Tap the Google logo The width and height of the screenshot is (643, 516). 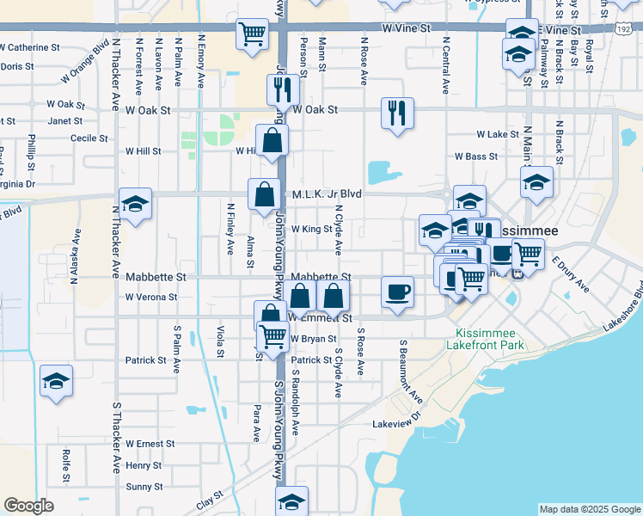click(28, 506)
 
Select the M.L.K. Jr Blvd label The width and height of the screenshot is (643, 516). click(325, 194)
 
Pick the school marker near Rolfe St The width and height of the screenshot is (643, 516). click(57, 380)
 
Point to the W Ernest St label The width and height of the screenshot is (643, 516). click(150, 445)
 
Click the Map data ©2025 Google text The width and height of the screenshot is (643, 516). click(590, 509)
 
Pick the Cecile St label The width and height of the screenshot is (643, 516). click(89, 138)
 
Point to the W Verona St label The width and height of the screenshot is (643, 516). click(150, 297)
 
